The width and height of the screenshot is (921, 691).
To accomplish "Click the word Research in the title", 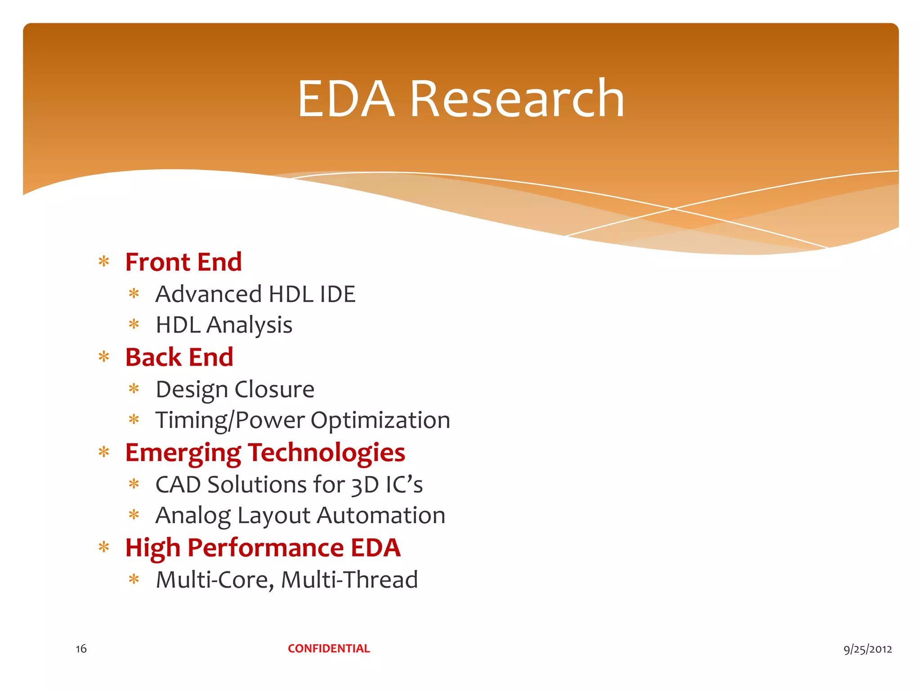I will [517, 99].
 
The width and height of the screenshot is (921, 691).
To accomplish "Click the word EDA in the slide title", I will [346, 99].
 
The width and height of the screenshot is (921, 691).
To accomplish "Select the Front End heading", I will [183, 262].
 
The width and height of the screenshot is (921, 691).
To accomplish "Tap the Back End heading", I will [179, 357].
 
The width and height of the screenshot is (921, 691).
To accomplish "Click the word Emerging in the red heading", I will [183, 453].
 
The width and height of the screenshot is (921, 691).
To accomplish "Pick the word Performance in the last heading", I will [265, 548].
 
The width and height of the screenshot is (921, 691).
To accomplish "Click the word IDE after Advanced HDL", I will [337, 294].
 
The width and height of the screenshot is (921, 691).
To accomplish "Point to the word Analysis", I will [249, 325].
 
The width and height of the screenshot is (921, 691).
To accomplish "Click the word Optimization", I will [380, 421].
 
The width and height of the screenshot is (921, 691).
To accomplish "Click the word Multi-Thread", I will [349, 579].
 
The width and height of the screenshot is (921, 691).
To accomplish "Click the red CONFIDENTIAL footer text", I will [329, 648].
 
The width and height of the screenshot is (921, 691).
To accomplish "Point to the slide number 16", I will [81, 649].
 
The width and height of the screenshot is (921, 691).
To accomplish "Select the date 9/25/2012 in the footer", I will [867, 649].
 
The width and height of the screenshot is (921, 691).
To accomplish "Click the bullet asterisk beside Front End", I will [104, 262].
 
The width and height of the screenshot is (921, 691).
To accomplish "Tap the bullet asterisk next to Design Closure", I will [134, 389].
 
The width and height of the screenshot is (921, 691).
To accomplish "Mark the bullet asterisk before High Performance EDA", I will [104, 547].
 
